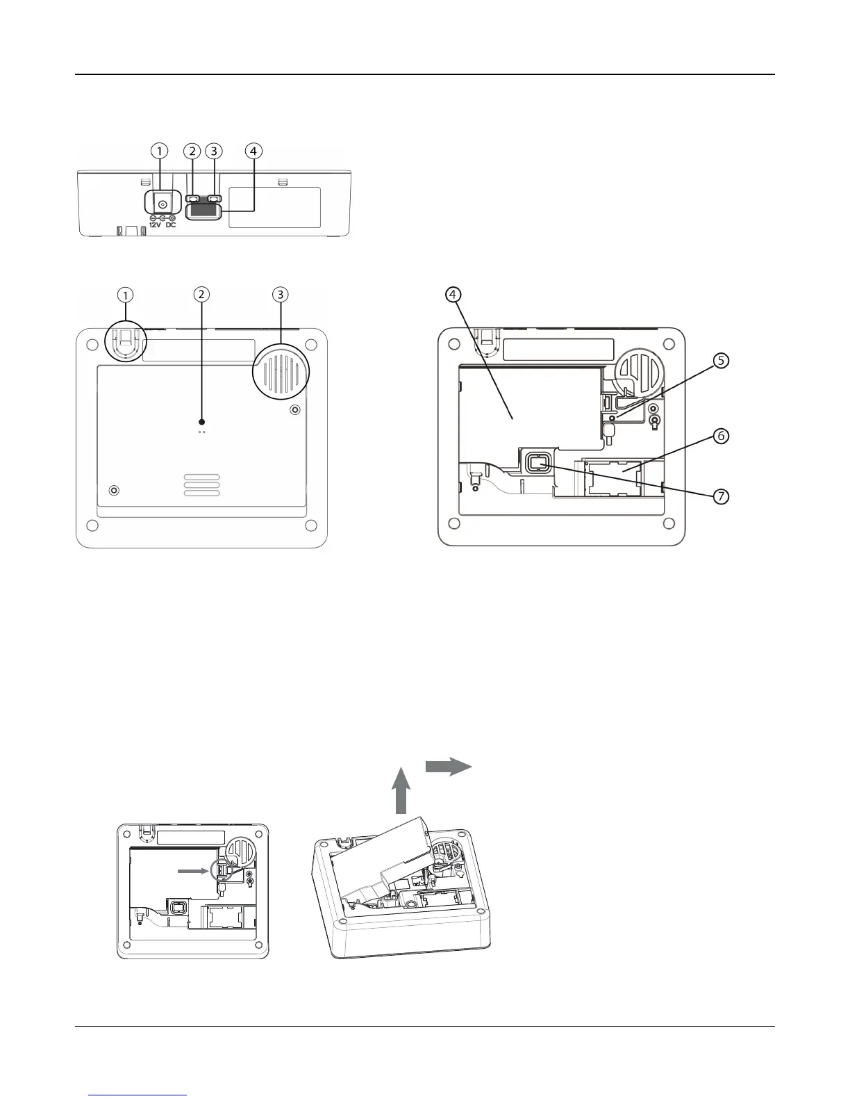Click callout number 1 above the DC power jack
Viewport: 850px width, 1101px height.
(160, 151)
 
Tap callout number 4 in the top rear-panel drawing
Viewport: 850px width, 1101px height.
(254, 151)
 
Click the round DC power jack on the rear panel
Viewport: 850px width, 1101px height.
(162, 204)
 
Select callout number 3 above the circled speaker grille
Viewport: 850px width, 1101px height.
(280, 295)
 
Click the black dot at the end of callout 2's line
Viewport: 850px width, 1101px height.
(201, 421)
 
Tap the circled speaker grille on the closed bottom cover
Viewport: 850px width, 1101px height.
(281, 373)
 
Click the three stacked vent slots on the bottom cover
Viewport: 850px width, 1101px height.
(201, 485)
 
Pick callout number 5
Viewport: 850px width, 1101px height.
(722, 361)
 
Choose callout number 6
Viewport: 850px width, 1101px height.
(722, 436)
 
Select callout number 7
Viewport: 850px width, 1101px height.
(722, 496)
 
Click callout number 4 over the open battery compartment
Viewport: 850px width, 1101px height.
(453, 295)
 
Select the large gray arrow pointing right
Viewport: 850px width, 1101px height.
(449, 766)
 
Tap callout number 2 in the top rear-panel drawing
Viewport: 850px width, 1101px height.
(192, 151)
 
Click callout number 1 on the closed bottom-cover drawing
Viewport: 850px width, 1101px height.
(126, 295)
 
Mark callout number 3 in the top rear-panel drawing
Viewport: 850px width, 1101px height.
(214, 151)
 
